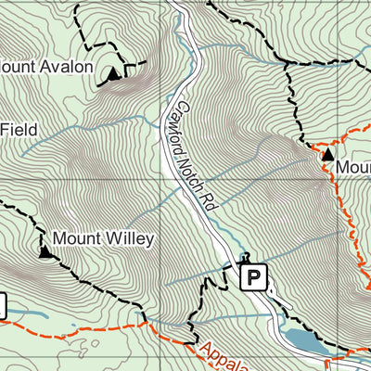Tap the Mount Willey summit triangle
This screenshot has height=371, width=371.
point(45,250)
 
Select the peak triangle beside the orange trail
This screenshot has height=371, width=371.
point(327,155)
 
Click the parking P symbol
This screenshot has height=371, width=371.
point(253,275)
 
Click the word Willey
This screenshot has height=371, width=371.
point(124,238)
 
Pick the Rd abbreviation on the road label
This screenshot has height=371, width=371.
point(211,199)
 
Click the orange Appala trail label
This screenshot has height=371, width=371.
point(223,357)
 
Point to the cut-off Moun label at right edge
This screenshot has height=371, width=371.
point(353,167)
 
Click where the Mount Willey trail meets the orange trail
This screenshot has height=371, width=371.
point(148,325)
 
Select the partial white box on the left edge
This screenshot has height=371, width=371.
point(3,305)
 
